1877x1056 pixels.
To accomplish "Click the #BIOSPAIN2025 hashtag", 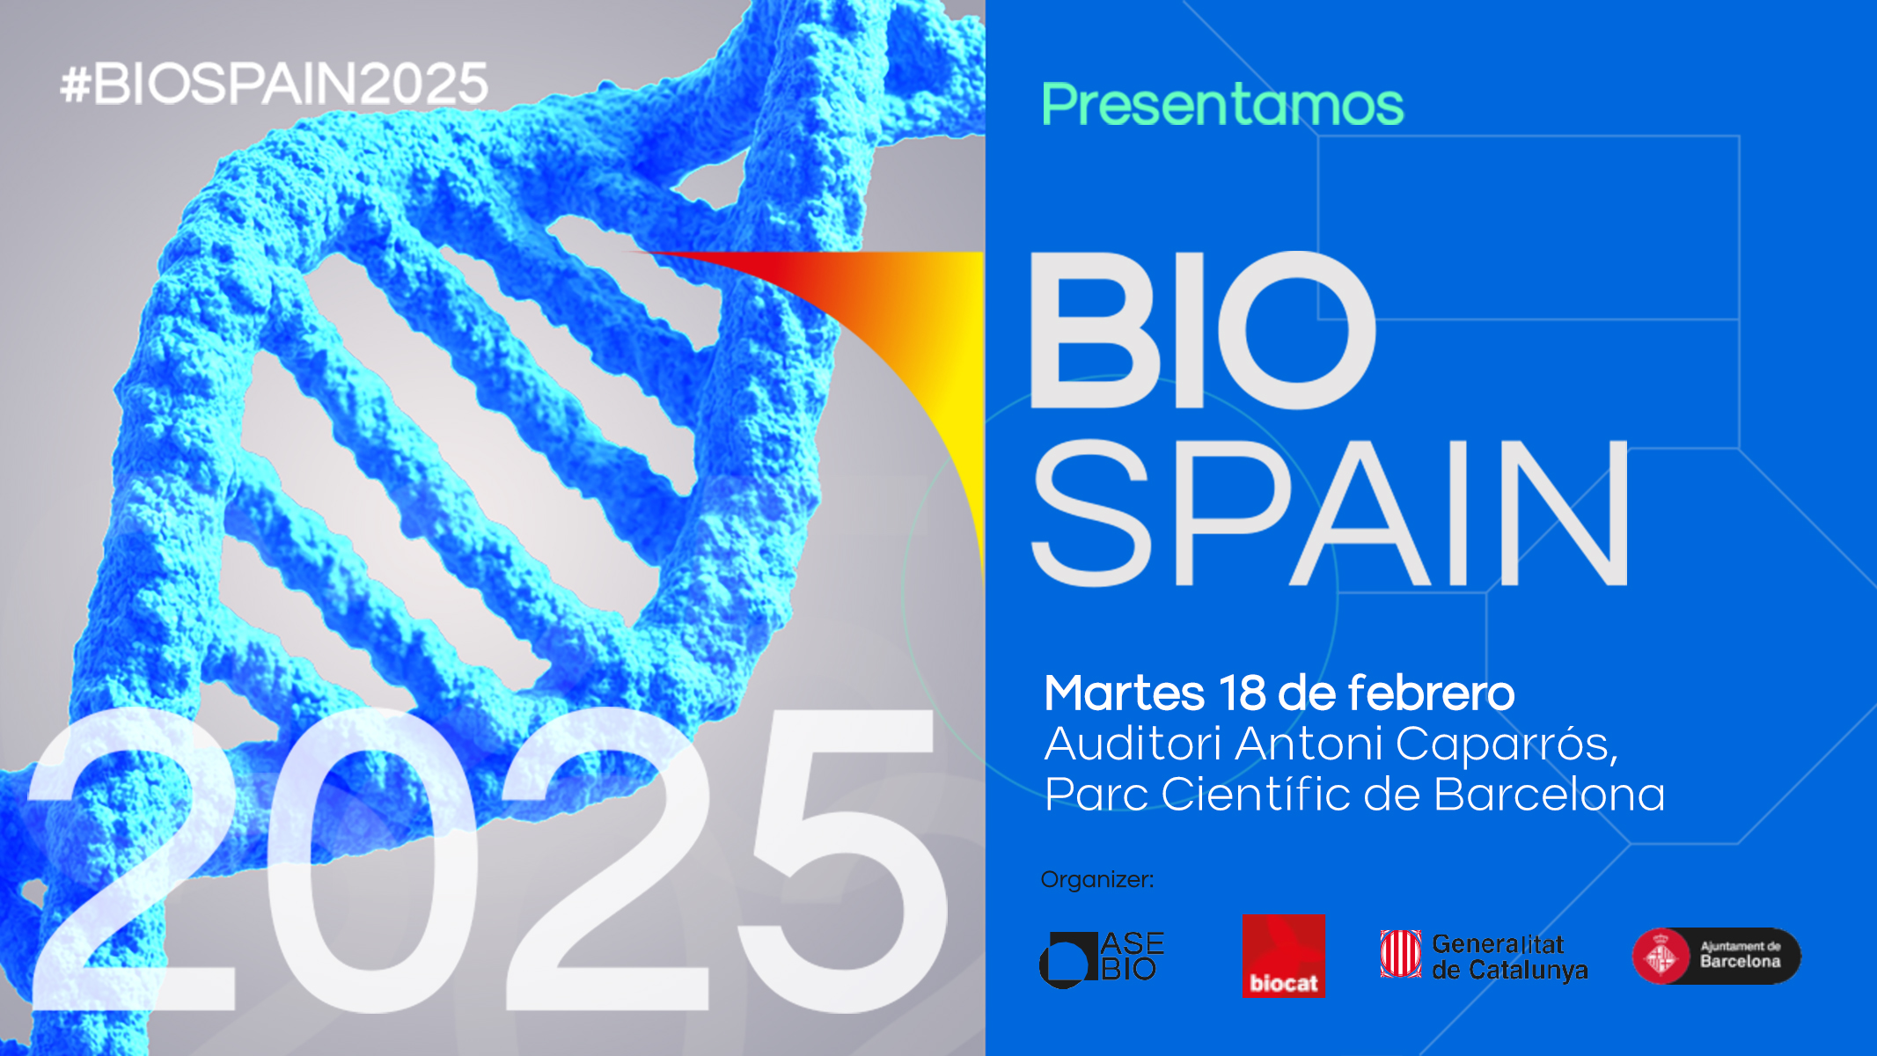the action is coord(274,84).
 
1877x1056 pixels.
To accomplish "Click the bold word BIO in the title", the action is coord(1202,330).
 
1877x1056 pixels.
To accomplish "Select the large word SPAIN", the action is coord(1330,513).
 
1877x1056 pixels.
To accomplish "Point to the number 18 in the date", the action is coord(1242,693).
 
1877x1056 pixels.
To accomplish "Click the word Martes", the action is coord(1124,693).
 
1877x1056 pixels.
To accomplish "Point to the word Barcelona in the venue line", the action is coord(1550,794).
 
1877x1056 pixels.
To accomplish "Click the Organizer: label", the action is coord(1096,880).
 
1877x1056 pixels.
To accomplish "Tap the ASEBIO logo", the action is coord(1102,958).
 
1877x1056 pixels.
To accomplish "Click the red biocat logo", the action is coord(1283,956).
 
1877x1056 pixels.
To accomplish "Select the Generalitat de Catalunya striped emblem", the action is coord(1400,954).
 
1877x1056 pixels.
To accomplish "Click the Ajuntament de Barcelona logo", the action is coord(1716,956).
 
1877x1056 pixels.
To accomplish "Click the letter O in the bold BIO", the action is coord(1298,330).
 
